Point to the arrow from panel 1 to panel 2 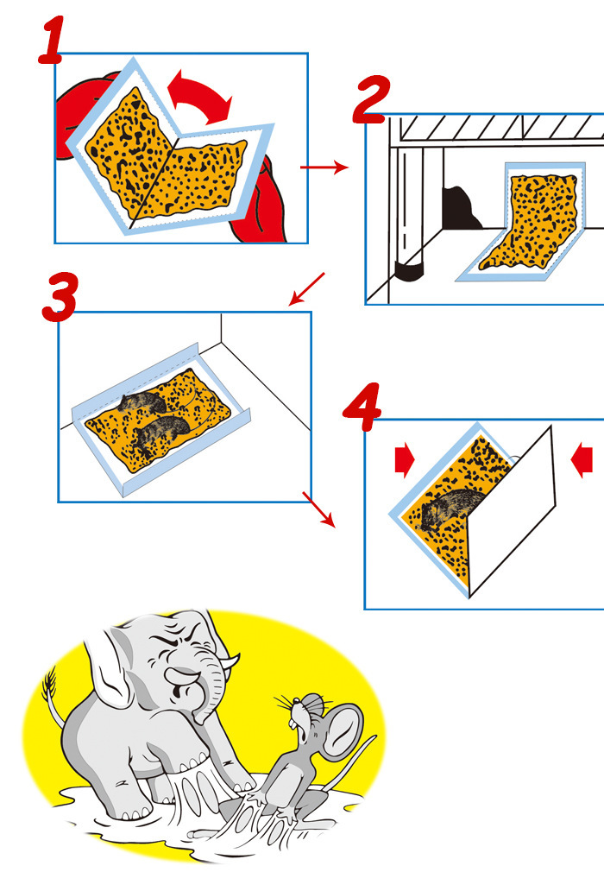tap(324, 167)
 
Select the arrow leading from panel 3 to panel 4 tap(318, 509)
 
